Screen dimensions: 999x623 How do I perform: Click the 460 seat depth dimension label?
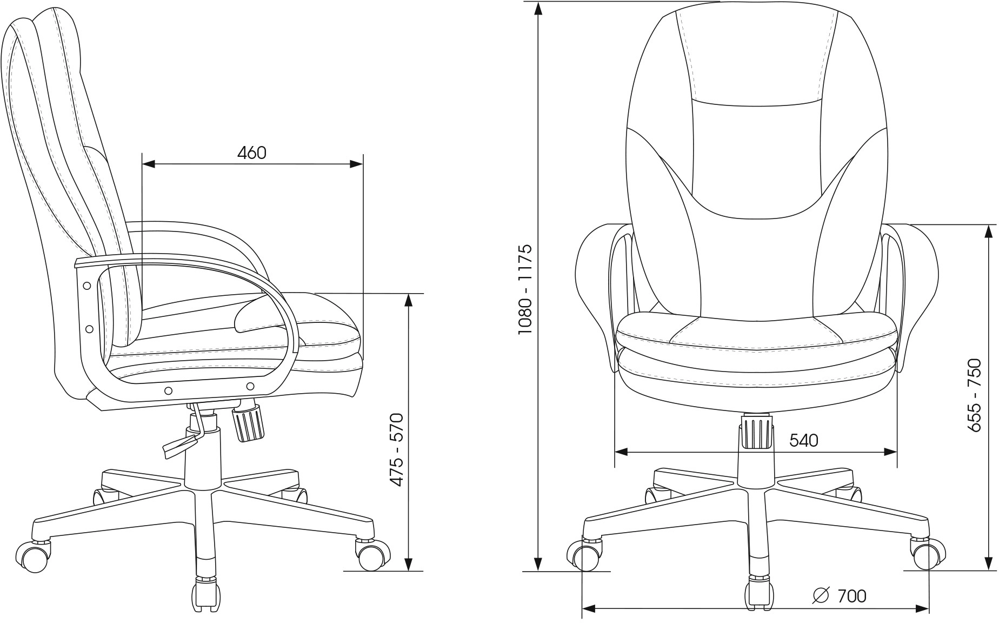pos(252,153)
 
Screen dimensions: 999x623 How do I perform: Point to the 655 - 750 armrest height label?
pos(974,394)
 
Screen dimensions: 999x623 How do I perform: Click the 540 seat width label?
pos(804,441)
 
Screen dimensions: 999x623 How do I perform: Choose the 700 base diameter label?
pos(852,596)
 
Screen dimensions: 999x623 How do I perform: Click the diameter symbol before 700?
pos(821,595)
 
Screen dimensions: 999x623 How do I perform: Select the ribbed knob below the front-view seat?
pos(757,431)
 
